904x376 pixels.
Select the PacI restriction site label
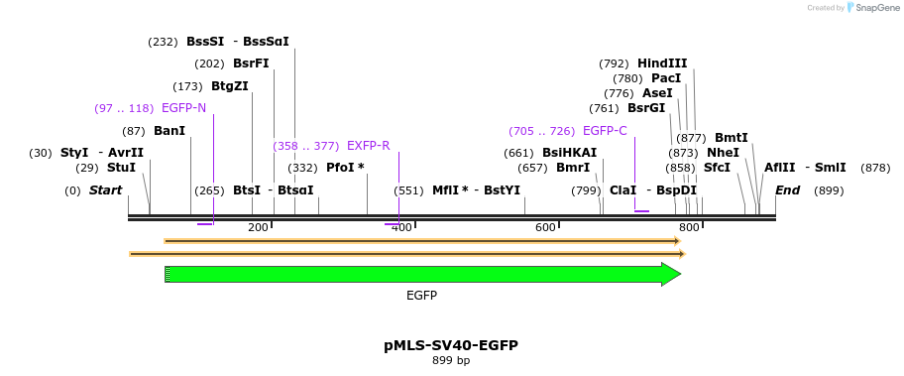[666, 78]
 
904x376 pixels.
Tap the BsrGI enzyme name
[646, 108]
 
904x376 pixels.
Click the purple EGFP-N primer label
[183, 108]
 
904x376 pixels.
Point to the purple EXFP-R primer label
[368, 146]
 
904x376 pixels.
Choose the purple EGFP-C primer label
[605, 131]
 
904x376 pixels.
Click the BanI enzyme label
[169, 131]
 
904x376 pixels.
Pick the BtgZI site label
[230, 86]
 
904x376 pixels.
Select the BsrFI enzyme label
[251, 63]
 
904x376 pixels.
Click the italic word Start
[106, 190]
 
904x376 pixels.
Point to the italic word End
[787, 190]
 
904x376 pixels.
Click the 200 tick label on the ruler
[258, 228]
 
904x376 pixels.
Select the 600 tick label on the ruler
[545, 228]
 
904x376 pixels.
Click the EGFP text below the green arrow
[421, 296]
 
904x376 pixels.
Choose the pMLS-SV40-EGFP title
[451, 345]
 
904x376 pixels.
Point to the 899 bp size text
[451, 360]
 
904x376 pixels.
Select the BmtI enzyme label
[732, 138]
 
